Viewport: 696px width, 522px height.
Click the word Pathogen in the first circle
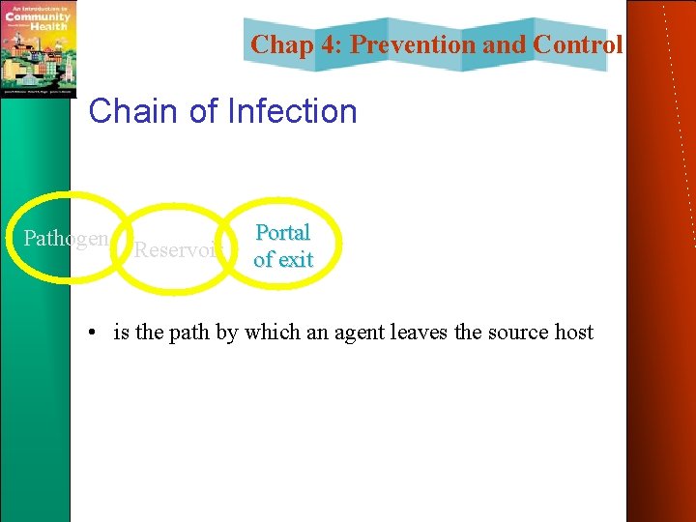click(x=65, y=239)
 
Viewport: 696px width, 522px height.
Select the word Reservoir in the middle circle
click(x=180, y=250)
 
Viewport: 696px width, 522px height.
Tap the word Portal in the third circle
click(x=282, y=233)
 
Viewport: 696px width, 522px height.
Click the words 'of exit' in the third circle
click(x=282, y=259)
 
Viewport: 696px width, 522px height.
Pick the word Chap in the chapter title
click(x=277, y=44)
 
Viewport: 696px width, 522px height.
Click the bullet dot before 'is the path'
click(x=88, y=333)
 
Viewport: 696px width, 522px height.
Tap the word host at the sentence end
click(x=574, y=333)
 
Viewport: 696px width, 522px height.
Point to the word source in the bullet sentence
click(x=517, y=333)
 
